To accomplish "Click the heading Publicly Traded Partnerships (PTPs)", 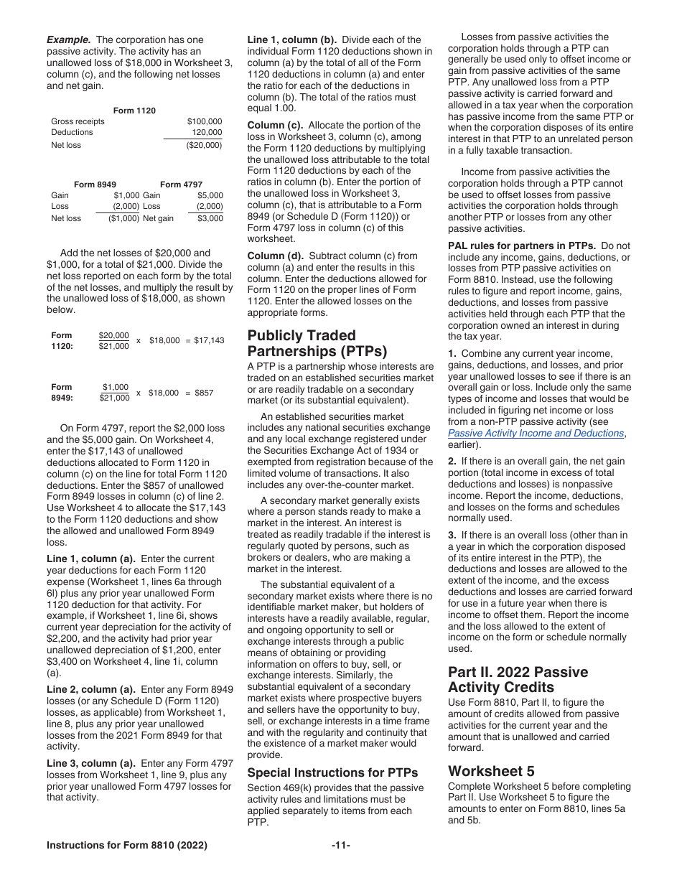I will coord(317,343).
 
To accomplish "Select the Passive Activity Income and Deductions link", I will coord(536,433).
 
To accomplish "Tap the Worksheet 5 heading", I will coord(491,771).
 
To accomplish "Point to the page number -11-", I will coord(341,846).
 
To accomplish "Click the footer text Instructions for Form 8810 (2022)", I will coord(126,846).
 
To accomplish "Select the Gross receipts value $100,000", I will coord(205,121).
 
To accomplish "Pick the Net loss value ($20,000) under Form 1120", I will coord(204,145).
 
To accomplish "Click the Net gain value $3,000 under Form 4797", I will coord(210,218).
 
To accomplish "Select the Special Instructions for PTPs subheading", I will coord(332,772).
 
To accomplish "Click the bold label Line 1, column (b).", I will coord(289,39).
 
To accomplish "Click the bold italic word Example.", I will coord(69,39).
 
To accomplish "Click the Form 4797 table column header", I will coord(181,184).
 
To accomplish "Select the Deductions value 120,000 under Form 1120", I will coord(207,132).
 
